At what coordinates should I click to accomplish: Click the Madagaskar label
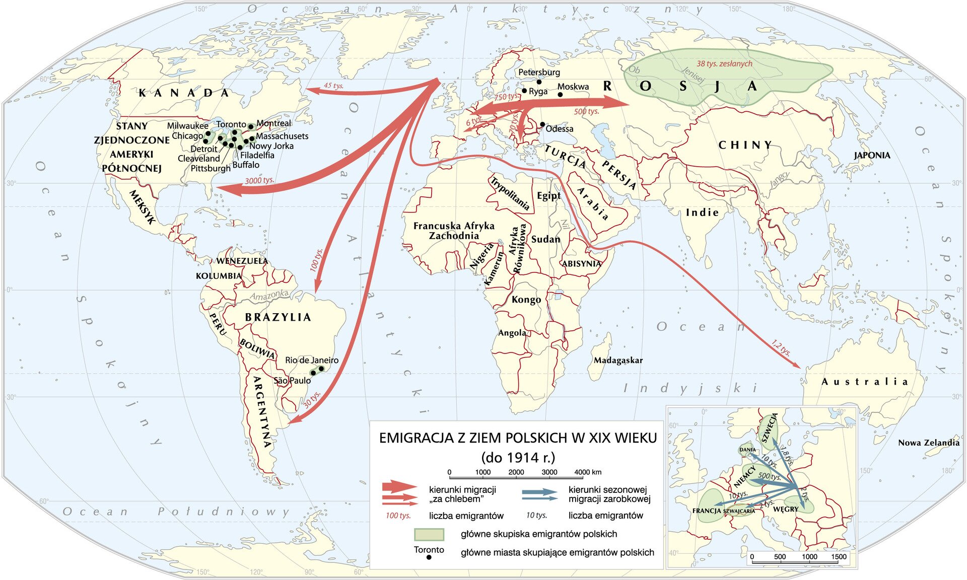coord(618,360)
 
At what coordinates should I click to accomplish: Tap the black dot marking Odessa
coord(542,124)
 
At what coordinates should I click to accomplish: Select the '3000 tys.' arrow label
coord(259,180)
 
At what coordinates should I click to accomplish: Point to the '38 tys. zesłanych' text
coord(724,63)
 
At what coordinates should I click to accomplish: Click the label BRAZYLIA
coord(278,317)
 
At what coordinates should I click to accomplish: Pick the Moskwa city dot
coord(560,95)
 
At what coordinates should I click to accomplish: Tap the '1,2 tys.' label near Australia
coord(781,348)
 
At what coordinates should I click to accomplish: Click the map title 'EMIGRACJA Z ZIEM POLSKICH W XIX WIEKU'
coord(518,438)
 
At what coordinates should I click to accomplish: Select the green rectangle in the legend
coord(429,534)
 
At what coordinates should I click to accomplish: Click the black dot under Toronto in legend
coord(429,558)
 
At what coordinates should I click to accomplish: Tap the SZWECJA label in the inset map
coord(770,430)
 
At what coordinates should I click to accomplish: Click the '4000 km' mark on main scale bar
coord(588,472)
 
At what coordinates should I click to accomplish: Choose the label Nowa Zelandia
coord(928,443)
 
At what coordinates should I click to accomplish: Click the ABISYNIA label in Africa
coord(581,263)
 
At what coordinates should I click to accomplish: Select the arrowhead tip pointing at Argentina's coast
coord(290,423)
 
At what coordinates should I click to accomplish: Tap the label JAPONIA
coord(872,155)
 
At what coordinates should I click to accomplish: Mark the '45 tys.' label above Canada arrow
coord(333,86)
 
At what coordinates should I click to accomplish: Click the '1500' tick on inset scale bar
coord(839,556)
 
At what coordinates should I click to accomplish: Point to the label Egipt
coord(548,196)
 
